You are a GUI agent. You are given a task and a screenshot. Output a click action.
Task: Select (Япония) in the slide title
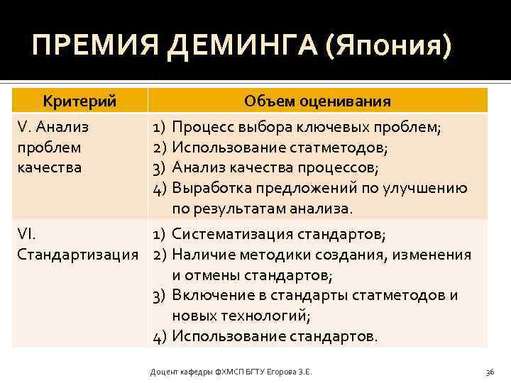[388, 48]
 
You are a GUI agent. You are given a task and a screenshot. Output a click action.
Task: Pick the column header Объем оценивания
[317, 101]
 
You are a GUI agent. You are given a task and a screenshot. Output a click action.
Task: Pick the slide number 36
[489, 371]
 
